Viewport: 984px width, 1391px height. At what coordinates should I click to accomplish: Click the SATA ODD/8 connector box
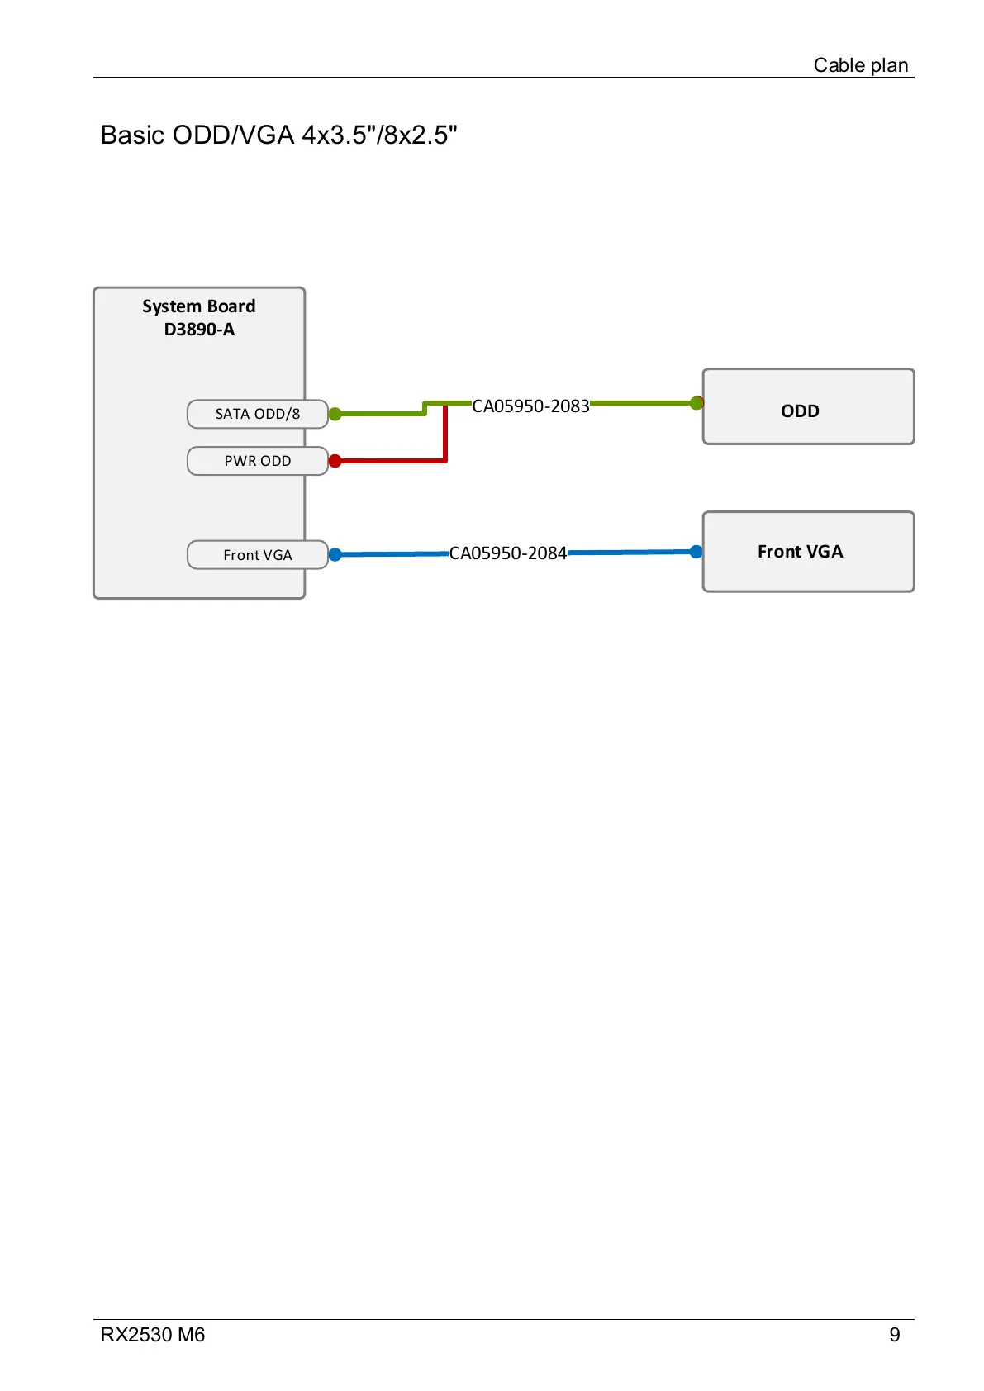[x=257, y=414]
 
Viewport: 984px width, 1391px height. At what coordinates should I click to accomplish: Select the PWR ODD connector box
[x=257, y=461]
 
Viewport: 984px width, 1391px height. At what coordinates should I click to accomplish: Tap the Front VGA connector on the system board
[x=257, y=555]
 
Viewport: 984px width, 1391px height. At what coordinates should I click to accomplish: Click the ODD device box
[x=808, y=407]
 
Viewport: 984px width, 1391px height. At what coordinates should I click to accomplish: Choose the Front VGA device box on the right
[x=808, y=552]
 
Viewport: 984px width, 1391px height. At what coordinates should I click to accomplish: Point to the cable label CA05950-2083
[x=530, y=406]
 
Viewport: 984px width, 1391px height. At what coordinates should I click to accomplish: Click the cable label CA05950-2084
[x=507, y=553]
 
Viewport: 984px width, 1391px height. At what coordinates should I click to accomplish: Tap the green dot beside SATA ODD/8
[x=335, y=414]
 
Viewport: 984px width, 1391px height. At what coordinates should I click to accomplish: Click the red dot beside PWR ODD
[x=335, y=461]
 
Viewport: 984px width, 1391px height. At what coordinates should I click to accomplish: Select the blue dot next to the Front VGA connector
[x=335, y=555]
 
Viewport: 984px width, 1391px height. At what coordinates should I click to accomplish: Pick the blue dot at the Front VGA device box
[x=696, y=552]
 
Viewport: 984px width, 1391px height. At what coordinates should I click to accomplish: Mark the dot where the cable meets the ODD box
[x=696, y=403]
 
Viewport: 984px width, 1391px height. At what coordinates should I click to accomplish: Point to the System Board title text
[x=198, y=306]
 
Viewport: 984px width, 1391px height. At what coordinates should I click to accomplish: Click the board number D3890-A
[x=199, y=330]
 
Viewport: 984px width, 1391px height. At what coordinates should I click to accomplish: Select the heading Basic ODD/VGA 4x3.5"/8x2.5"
[x=278, y=135]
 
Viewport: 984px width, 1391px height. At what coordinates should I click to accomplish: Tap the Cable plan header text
[x=860, y=65]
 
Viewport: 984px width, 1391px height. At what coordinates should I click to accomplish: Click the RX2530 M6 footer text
[x=153, y=1335]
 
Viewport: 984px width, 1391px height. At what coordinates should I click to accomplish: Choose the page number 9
[x=894, y=1335]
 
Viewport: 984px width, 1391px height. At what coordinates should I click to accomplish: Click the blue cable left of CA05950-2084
[x=392, y=554]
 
